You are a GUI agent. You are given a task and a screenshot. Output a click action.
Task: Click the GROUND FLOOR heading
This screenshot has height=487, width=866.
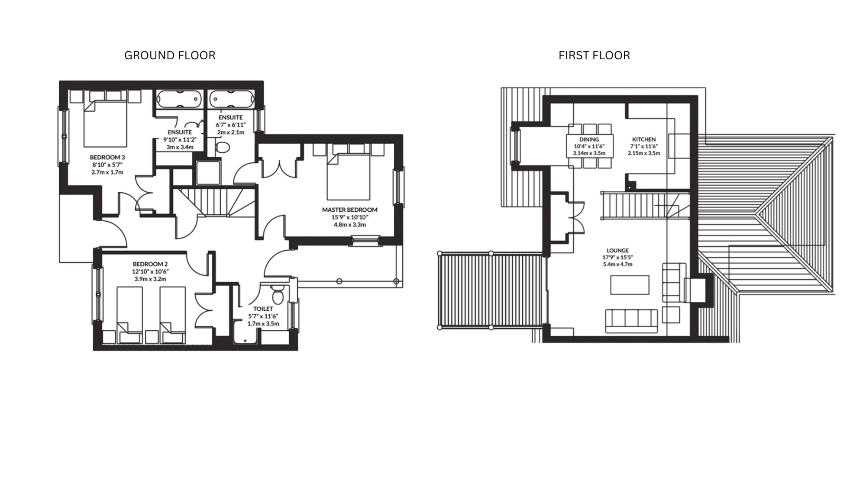(x=170, y=55)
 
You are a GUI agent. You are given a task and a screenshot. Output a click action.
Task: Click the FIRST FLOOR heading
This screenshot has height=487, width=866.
(x=594, y=55)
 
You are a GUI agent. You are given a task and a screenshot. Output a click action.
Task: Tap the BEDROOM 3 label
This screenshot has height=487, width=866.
(x=107, y=157)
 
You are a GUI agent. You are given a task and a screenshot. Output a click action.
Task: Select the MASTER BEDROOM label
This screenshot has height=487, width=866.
(x=349, y=210)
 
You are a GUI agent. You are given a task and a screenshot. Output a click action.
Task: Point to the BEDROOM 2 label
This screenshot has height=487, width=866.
(x=150, y=264)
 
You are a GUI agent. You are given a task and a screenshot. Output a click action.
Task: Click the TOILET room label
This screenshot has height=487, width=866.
(x=263, y=309)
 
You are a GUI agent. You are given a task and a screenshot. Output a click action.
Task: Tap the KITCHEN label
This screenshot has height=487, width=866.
(x=644, y=139)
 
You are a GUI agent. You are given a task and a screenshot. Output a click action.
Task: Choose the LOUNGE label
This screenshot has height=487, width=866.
(x=617, y=250)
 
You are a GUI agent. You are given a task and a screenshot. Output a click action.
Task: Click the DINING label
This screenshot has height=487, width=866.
(x=589, y=139)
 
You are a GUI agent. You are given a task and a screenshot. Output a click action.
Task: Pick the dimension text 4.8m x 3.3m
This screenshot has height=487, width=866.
(x=349, y=225)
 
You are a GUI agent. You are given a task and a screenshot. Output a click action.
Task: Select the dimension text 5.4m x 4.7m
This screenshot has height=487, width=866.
(x=617, y=264)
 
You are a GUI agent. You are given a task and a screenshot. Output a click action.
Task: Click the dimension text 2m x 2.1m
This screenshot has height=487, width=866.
(x=230, y=132)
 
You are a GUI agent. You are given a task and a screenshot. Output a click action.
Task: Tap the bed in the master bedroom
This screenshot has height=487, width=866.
(x=349, y=177)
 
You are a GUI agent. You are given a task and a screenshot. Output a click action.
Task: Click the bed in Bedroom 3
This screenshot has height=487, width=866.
(x=105, y=123)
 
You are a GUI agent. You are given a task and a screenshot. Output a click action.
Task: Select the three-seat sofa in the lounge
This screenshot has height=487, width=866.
(x=631, y=321)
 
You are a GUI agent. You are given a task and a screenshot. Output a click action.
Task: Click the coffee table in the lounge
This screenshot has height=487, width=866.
(x=630, y=285)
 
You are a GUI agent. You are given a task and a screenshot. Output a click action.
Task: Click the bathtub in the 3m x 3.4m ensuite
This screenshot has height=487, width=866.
(x=179, y=99)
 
